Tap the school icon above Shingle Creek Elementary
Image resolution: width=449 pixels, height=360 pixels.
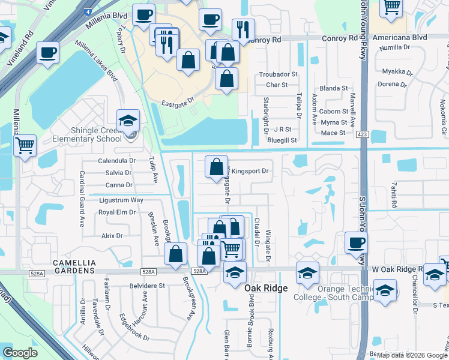coord(128,121)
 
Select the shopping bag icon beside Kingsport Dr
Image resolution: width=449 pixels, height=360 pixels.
coord(216,167)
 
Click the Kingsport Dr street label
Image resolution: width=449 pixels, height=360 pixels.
coord(249,171)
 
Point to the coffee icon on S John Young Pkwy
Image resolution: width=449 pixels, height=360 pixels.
coord(357,242)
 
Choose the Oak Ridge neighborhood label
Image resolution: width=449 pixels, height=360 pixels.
coord(267,289)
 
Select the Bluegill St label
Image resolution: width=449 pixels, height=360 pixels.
coord(282,140)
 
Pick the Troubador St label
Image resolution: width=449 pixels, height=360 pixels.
coord(279,74)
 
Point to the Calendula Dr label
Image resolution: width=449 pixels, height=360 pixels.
coord(116,161)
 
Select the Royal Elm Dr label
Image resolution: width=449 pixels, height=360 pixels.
coord(117,212)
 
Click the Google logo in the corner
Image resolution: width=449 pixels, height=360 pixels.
coord(20,353)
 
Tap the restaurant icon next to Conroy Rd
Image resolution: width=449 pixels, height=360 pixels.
coord(243,30)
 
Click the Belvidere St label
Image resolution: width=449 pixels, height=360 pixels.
coord(144,286)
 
